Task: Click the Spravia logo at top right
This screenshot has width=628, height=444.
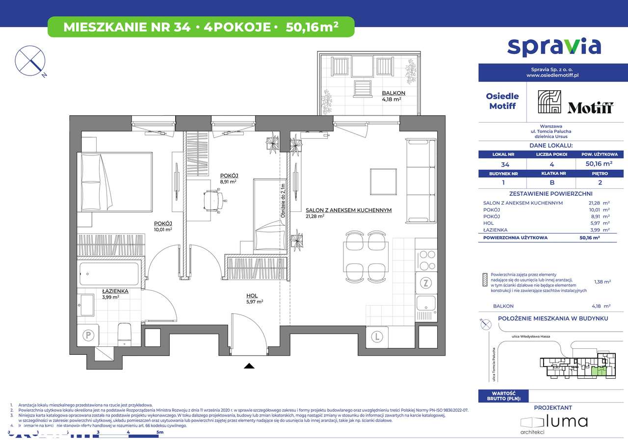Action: [553, 46]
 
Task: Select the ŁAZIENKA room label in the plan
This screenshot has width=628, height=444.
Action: [115, 291]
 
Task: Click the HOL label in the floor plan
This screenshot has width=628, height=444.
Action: [252, 295]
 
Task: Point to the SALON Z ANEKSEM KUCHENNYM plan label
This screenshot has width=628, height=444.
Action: [348, 210]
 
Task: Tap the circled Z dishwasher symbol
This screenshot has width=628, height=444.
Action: [426, 283]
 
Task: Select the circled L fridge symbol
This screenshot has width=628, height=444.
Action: [377, 337]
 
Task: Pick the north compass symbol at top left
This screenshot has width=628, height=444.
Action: [30, 60]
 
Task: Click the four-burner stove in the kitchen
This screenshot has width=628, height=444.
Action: [426, 260]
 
